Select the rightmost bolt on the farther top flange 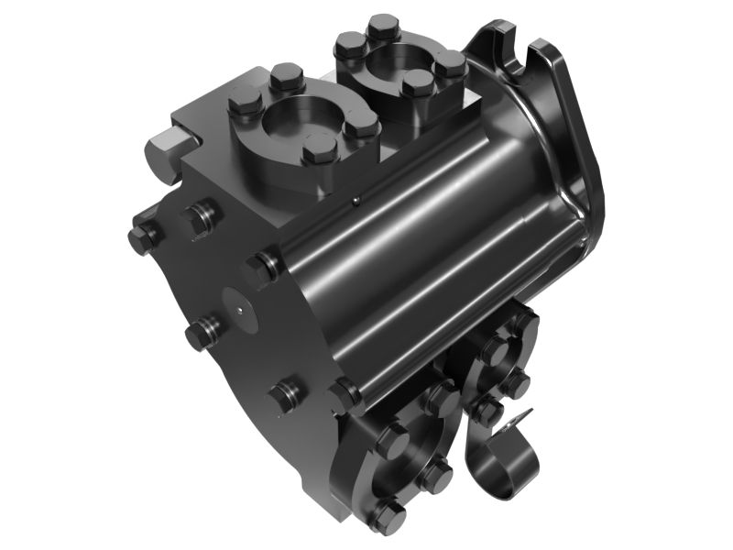coord(450,63)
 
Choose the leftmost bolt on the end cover coord(142,238)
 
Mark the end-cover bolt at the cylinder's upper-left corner coord(261,269)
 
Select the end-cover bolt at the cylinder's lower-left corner coord(346,394)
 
